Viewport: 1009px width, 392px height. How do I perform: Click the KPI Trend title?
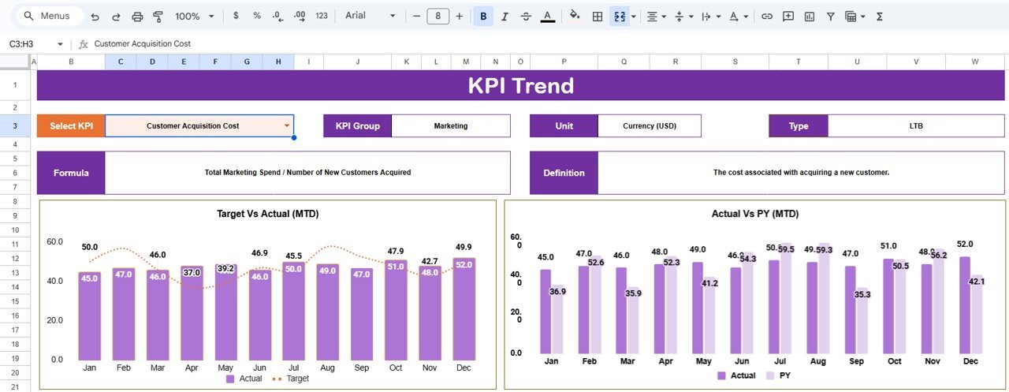click(x=520, y=86)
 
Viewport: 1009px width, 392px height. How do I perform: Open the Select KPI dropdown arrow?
click(x=287, y=125)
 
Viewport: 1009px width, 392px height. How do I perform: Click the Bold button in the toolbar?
click(x=483, y=16)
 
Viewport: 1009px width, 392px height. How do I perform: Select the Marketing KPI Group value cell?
click(x=450, y=125)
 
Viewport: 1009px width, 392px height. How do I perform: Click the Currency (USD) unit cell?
click(x=649, y=125)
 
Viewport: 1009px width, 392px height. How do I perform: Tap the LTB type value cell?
click(x=916, y=125)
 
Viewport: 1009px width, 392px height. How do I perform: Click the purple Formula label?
click(x=71, y=173)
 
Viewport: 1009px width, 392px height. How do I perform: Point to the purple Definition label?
click(x=564, y=173)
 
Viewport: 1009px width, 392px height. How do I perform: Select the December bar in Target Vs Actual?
click(x=464, y=308)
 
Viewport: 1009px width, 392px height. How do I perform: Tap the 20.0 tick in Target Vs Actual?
click(x=55, y=320)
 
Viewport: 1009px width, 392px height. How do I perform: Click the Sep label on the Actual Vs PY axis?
click(x=857, y=360)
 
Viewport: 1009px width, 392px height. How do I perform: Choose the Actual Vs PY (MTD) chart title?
click(x=755, y=214)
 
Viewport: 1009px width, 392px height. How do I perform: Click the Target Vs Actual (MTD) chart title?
click(x=268, y=214)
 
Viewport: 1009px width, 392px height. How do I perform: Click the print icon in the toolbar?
click(x=137, y=16)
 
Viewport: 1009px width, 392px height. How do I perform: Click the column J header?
click(x=357, y=62)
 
